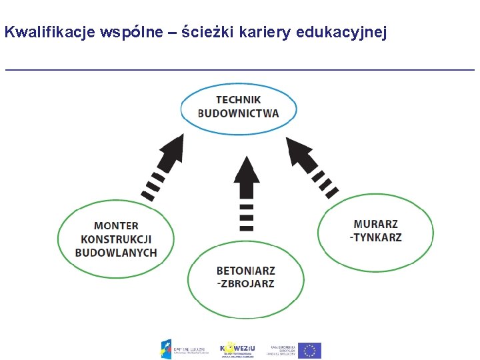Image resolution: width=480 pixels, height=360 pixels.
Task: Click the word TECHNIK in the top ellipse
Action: (238, 100)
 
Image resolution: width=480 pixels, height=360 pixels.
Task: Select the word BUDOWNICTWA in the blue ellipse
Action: (238, 113)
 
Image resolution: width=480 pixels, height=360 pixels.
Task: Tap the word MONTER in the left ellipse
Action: (116, 226)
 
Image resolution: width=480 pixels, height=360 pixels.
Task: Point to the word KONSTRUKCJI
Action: (116, 239)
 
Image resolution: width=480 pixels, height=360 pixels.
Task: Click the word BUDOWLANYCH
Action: (116, 253)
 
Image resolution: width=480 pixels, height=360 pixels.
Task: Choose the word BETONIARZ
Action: (245, 271)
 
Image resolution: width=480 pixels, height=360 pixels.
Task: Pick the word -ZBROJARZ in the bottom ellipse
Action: (245, 284)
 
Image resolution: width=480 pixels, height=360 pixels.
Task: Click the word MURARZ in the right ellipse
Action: (375, 224)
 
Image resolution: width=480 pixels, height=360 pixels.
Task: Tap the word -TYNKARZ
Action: (375, 237)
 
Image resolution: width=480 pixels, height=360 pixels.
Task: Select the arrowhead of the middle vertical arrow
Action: (246, 171)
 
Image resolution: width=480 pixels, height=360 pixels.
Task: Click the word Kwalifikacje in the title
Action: (50, 32)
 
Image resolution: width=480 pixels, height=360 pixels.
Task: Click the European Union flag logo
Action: (309, 350)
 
